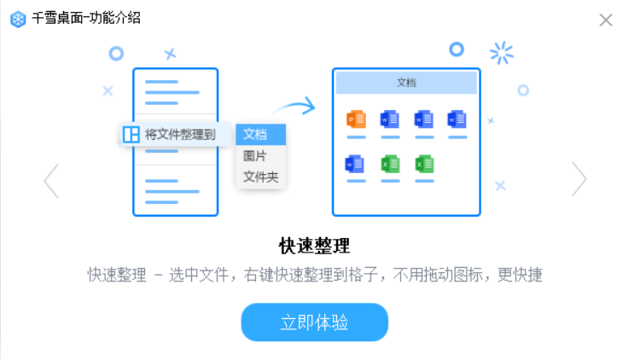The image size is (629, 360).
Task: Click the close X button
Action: (x=606, y=20)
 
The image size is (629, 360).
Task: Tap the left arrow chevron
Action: (x=51, y=179)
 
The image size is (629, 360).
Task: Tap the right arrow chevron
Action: (x=579, y=179)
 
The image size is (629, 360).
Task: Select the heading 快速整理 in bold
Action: (x=314, y=247)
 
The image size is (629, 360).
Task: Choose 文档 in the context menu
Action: (x=255, y=134)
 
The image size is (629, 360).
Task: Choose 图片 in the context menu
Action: (x=255, y=156)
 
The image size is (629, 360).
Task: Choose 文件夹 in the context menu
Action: (x=260, y=177)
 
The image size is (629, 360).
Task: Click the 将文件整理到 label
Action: (x=179, y=134)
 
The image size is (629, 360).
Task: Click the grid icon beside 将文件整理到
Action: (x=131, y=134)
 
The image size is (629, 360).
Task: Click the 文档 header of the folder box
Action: (x=406, y=83)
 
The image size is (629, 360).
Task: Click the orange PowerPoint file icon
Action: (x=356, y=120)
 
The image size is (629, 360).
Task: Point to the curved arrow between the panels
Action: (x=294, y=107)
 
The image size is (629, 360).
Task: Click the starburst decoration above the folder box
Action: (x=502, y=53)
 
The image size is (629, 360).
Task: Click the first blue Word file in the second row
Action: (x=356, y=163)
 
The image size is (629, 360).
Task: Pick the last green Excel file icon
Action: (x=424, y=163)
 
